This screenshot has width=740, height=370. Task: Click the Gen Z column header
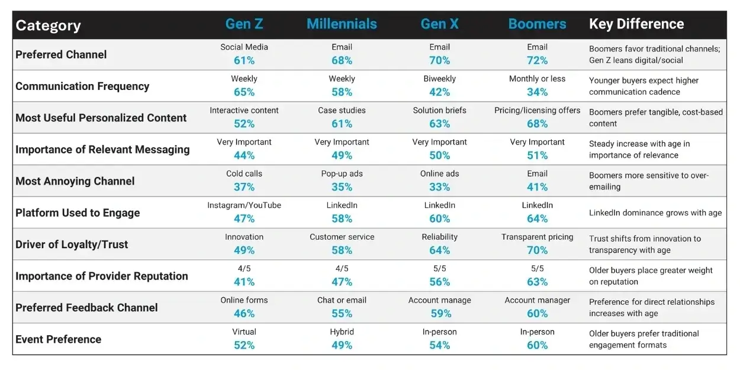[x=244, y=24]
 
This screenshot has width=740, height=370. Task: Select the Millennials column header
[x=342, y=24]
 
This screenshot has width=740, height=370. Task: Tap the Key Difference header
[x=636, y=24]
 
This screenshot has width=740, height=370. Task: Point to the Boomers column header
[x=537, y=24]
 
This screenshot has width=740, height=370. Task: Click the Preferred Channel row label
[x=61, y=54]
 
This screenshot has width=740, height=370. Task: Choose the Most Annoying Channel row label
[x=75, y=181]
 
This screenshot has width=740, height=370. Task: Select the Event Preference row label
[x=58, y=339]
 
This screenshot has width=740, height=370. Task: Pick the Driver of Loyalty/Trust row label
[x=72, y=244]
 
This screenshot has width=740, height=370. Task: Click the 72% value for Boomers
[x=537, y=60]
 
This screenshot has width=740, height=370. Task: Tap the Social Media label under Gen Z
[x=244, y=47]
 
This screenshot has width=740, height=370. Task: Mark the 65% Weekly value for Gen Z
[x=244, y=92]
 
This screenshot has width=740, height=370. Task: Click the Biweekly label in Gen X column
[x=439, y=79]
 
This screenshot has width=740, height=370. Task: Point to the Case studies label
[x=342, y=111]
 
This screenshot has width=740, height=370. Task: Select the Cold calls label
[x=244, y=174]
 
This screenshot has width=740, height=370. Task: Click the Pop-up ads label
[x=342, y=174]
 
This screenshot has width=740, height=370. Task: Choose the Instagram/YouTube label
[x=244, y=205]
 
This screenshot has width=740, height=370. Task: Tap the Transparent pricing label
[x=537, y=237]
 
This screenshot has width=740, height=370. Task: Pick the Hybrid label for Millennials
[x=342, y=332]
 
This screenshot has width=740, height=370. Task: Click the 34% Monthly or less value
[x=537, y=92]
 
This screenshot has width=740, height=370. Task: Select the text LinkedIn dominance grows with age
[x=655, y=213]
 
